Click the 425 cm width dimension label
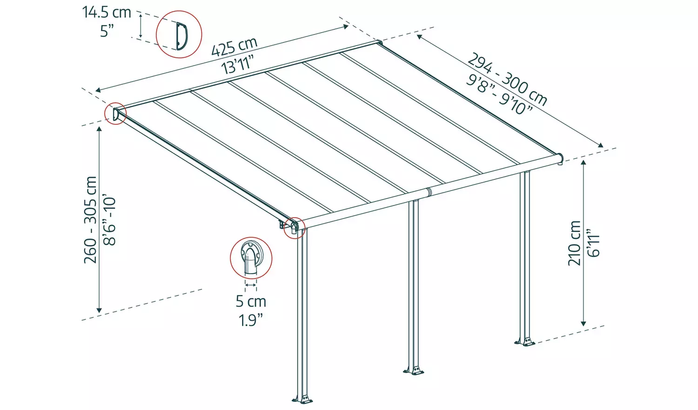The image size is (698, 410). (234, 47)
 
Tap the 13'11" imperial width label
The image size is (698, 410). (238, 64)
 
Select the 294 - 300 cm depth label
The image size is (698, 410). (507, 79)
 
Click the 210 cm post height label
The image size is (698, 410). (575, 243)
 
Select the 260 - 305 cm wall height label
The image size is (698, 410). (91, 219)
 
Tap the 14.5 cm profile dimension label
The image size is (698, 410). (107, 12)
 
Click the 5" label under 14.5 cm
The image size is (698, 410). (107, 31)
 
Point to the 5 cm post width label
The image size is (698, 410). (251, 301)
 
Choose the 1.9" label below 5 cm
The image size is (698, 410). (251, 320)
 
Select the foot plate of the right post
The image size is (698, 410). (525, 342)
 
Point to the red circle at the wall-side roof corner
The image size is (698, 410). (115, 114)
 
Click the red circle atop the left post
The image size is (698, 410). (295, 228)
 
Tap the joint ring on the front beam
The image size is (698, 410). (429, 192)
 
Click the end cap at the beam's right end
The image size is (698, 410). (561, 158)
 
